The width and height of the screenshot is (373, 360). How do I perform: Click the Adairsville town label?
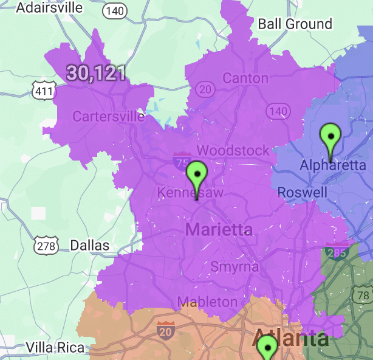(x=49, y=7)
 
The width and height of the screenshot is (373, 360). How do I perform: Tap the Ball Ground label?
(x=295, y=24)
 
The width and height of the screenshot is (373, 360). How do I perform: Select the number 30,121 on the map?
(x=96, y=73)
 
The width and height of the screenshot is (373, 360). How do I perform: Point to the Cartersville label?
(x=109, y=116)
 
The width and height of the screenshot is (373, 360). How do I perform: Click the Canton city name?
(x=245, y=78)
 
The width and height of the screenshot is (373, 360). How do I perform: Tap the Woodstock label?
(x=233, y=150)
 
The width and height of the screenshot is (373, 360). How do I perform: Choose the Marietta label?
(x=219, y=229)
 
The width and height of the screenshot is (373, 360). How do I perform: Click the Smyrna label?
(x=234, y=266)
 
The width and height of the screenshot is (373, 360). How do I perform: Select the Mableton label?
(x=207, y=302)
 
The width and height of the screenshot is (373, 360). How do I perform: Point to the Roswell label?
(x=303, y=192)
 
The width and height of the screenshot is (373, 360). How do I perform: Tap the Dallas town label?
(x=90, y=246)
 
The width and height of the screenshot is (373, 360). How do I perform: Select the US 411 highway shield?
(x=43, y=90)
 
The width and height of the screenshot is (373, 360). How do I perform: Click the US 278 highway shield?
(x=46, y=246)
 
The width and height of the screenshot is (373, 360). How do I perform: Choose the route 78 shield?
(x=364, y=296)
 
